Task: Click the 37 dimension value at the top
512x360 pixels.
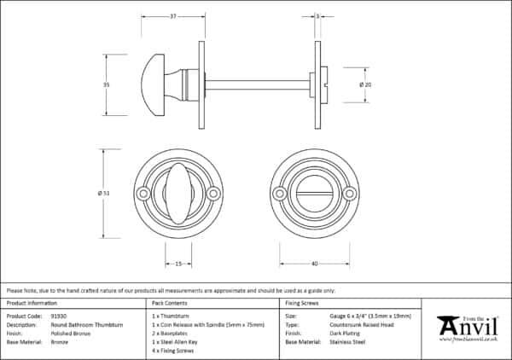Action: (x=173, y=16)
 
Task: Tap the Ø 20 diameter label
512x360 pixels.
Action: (x=364, y=84)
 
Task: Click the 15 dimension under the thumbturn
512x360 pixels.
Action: (x=178, y=264)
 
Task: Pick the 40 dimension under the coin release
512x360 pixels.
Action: (x=315, y=264)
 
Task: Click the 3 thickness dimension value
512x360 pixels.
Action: (x=317, y=16)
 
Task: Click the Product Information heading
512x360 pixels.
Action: (x=32, y=304)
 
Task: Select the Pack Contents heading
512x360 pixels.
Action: (x=169, y=304)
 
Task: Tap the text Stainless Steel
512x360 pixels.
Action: (x=346, y=341)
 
